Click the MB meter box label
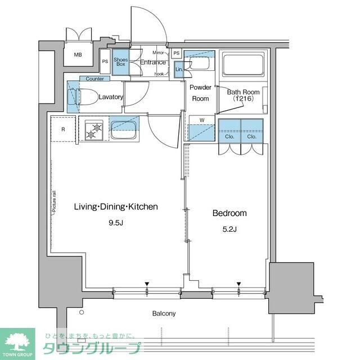point(78,55)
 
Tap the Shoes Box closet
point(120,62)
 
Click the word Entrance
point(152,62)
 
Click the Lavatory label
point(110,97)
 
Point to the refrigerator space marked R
point(63,129)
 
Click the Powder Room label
point(200,93)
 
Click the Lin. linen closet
point(179,69)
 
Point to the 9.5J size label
point(115,222)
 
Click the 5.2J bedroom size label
point(229,228)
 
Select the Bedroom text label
point(229,213)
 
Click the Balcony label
point(164,313)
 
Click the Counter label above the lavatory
point(94,79)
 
